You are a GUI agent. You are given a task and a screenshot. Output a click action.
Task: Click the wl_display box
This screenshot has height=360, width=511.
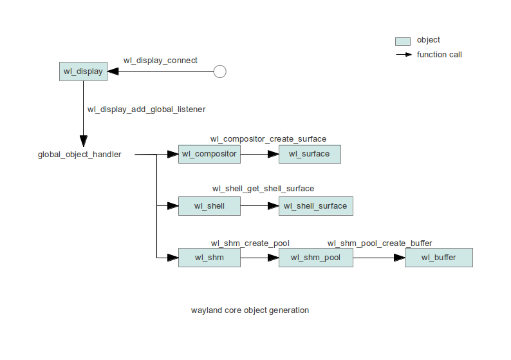point(83,71)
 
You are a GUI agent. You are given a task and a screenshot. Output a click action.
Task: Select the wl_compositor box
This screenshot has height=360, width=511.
point(209,154)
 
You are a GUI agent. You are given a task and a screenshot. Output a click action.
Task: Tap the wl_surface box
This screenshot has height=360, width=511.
point(309,154)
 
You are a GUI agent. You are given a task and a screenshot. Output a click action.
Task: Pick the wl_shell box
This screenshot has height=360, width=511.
point(209,206)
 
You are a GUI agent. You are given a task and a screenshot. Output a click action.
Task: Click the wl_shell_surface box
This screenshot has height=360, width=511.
point(315,206)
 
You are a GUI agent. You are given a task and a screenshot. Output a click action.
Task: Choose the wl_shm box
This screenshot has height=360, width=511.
point(209,258)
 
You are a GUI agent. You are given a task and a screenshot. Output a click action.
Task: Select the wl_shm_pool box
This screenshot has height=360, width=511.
point(315,258)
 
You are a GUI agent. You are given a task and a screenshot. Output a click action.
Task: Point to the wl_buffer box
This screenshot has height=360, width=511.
point(438,258)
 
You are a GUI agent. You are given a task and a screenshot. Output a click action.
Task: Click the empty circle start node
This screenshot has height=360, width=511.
point(219,71)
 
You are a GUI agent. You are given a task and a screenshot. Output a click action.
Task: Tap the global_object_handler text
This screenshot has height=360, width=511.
point(79,155)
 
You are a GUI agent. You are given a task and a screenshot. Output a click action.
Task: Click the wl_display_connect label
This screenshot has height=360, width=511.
point(160,61)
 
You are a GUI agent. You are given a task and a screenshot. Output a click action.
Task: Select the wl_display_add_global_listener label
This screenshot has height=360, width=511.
point(146,109)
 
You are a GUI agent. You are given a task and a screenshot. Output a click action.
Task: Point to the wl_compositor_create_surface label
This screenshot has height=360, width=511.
point(268,139)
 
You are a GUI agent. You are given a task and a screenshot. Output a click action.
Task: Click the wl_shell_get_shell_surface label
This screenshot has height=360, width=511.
point(263,189)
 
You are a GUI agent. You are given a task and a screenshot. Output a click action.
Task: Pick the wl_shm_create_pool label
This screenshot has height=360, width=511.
point(250,243)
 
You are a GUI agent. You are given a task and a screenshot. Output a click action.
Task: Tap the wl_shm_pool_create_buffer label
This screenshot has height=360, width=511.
point(380,243)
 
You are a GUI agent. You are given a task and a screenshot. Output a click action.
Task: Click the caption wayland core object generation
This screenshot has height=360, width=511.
point(250,310)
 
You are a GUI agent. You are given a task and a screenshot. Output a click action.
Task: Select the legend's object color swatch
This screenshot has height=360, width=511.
point(402,41)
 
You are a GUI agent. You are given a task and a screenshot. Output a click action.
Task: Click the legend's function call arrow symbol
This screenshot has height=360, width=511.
point(403,55)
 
